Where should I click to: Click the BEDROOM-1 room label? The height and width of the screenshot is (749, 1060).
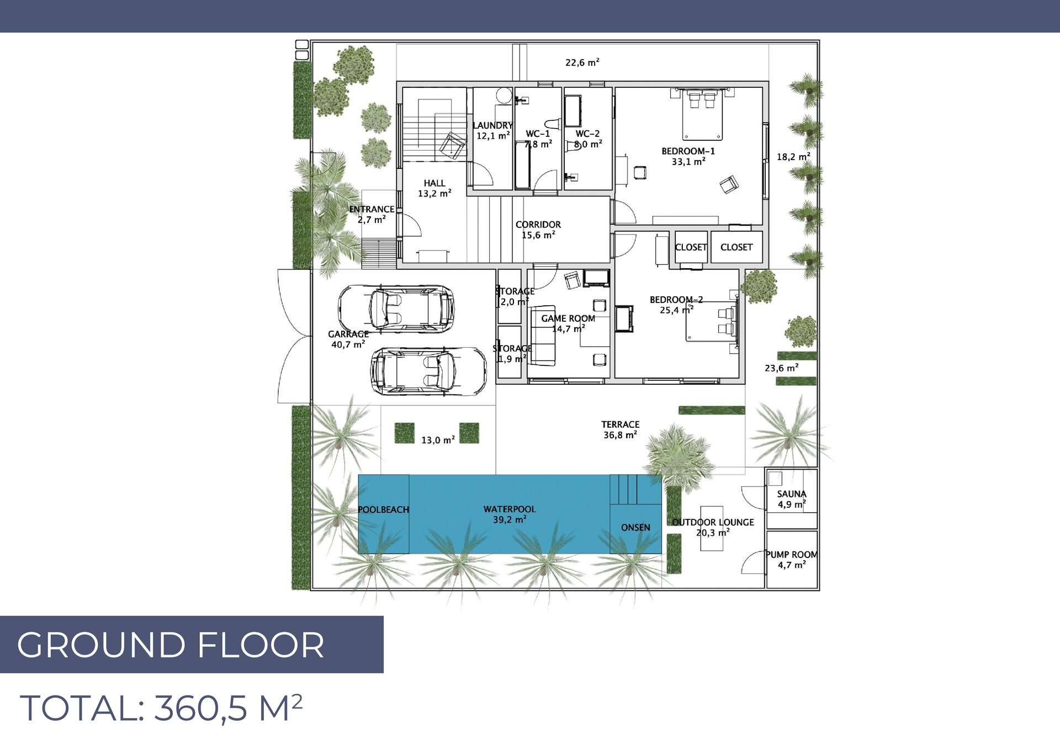coord(688,156)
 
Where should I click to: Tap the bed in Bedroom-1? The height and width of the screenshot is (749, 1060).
coord(702,115)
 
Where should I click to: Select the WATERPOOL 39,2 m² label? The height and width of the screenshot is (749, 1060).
coord(510,514)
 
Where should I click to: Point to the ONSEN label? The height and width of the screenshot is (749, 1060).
coord(635,528)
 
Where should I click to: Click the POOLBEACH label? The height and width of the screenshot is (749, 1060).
coord(384,509)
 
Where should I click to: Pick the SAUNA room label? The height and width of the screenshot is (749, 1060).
coord(792,499)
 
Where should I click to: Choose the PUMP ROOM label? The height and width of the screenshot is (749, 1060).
coord(792,560)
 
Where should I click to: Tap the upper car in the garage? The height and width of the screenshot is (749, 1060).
coord(396,309)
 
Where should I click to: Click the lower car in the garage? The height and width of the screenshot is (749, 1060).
coord(428,371)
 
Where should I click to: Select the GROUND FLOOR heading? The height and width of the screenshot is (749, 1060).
coord(171,645)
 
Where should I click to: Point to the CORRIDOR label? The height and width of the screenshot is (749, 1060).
coord(538,230)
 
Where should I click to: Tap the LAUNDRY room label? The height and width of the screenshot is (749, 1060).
coord(492,131)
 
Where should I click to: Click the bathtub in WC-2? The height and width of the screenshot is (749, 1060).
coord(573,111)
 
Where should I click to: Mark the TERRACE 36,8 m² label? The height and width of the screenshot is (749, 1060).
coord(621,429)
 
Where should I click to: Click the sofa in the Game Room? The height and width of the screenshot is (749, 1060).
coord(543,336)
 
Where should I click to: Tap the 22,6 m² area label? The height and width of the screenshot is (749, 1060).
coord(582,62)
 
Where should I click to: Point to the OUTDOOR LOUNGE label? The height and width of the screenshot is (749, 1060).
coord(713,527)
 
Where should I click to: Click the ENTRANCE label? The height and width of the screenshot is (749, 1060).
coord(372,214)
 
